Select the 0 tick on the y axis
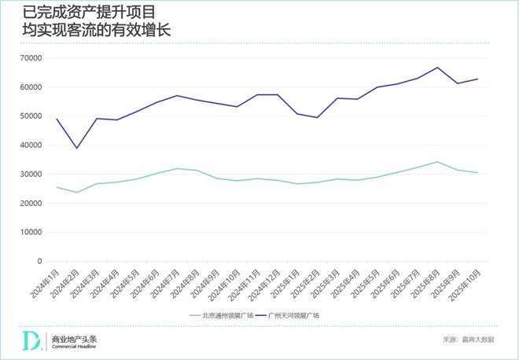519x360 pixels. click(x=38, y=262)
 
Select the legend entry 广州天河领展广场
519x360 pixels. click(x=294, y=315)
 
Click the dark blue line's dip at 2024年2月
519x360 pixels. click(x=77, y=148)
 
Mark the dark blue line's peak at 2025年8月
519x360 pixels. click(x=438, y=68)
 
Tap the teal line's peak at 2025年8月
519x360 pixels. click(x=438, y=162)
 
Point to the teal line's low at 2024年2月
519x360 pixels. click(x=77, y=192)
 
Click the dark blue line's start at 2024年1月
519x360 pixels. click(x=57, y=119)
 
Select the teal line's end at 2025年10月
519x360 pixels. click(x=477, y=173)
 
